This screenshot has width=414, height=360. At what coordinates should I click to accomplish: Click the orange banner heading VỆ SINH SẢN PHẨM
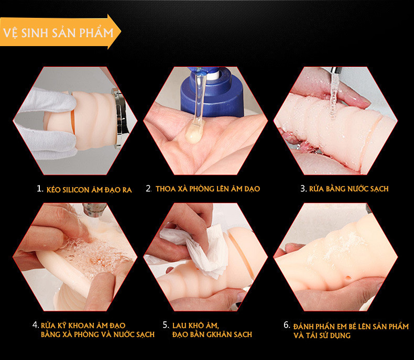(59, 32)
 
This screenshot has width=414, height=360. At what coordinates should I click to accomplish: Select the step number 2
(149, 188)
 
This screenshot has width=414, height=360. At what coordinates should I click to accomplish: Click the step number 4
(35, 325)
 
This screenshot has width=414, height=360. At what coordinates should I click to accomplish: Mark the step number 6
(287, 325)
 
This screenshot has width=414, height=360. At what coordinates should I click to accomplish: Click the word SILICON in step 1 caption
(77, 189)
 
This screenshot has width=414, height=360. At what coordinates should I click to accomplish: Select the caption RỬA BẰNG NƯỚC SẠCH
(349, 189)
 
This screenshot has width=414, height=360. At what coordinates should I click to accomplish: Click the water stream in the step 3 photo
(334, 94)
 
